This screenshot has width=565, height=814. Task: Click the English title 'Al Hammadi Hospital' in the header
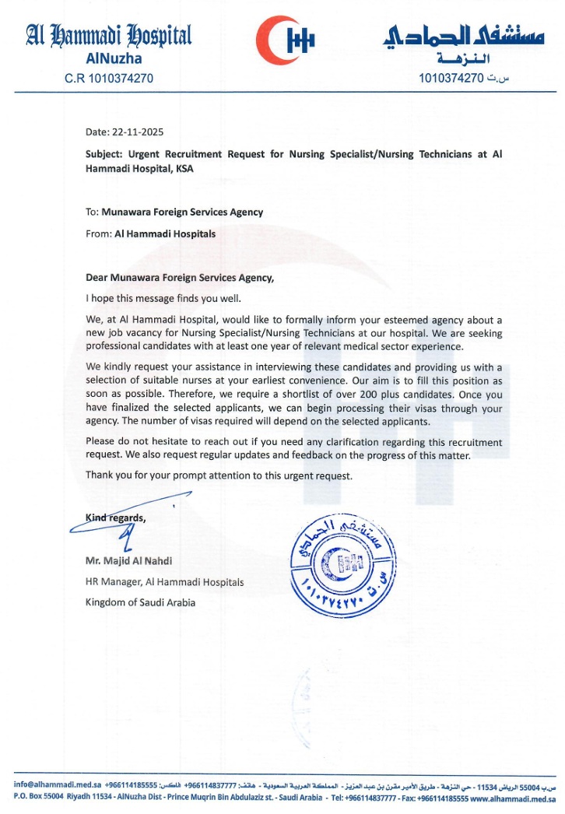[108, 35]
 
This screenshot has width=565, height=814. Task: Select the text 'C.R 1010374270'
[108, 79]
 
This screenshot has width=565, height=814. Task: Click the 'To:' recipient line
[174, 212]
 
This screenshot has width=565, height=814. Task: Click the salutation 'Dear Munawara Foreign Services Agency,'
[180, 276]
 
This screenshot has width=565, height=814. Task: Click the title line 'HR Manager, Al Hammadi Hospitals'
[164, 581]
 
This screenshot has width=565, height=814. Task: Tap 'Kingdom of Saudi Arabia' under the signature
[140, 602]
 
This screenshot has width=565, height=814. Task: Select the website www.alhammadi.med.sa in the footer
[511, 798]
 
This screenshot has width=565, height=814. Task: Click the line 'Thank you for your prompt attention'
[219, 475]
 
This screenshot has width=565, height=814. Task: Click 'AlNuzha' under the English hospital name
[108, 59]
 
